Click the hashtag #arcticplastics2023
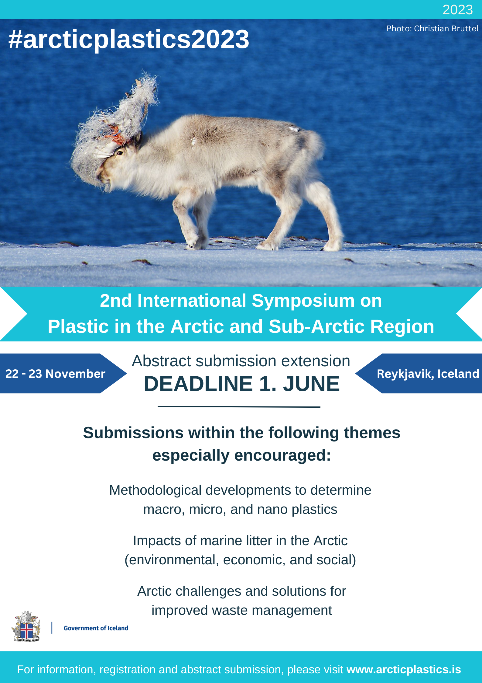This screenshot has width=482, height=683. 129,39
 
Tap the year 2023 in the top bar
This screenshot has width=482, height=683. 457,10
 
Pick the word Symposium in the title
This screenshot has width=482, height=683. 303,301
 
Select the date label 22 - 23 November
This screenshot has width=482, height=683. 55,374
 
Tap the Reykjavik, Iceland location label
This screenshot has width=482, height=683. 428,374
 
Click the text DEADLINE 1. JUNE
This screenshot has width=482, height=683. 241,384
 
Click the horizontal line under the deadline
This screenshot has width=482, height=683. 239,407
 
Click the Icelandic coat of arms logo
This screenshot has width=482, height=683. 26,626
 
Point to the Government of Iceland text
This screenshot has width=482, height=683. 96,628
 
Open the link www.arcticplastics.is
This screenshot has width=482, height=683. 404,670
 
